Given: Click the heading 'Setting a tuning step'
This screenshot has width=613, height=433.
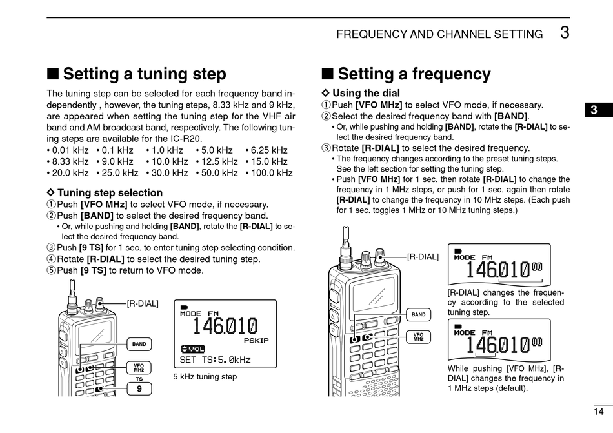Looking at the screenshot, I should point(145,74).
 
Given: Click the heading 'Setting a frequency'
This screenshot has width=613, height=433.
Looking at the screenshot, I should point(414,74).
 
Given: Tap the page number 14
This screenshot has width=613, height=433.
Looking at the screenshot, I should point(598,412).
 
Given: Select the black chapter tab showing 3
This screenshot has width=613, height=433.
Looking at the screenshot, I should point(594,110).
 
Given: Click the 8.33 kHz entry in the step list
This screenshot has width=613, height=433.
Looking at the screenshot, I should point(68,161).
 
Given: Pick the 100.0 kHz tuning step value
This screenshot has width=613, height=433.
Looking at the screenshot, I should point(269,173).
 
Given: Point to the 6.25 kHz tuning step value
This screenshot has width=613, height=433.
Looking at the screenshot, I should point(266,150).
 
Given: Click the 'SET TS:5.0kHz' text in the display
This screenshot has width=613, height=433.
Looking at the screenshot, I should point(215,359).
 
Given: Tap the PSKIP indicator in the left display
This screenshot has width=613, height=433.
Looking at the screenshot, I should point(256,340).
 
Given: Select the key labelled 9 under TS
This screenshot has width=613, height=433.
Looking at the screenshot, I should point(139,388).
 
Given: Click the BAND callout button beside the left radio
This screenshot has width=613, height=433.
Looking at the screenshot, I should point(139,344).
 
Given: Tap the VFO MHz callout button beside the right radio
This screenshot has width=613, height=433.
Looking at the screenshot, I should point(418,337).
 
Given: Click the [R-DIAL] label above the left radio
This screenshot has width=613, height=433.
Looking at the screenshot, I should point(142,303).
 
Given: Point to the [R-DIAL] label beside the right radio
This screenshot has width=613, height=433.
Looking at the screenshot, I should point(423,256).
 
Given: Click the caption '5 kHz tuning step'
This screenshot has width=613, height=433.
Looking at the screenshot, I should point(205,376).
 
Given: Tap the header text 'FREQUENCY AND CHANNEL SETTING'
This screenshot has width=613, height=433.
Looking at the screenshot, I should point(439,34).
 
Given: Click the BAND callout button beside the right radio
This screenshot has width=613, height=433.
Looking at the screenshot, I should point(418,314).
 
